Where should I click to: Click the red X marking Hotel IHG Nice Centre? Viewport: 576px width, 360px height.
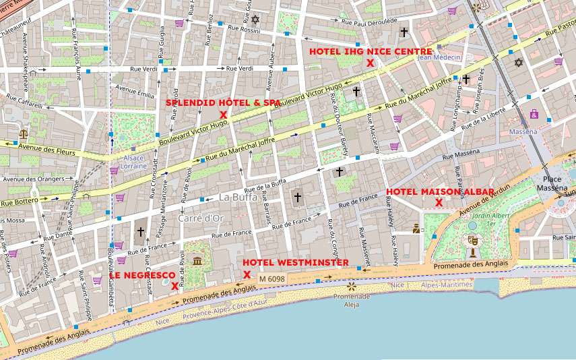[370, 63]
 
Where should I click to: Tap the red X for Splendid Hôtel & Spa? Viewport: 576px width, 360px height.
[223, 115]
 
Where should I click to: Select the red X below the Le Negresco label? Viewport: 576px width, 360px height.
[174, 286]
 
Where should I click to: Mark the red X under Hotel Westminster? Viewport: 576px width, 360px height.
[247, 274]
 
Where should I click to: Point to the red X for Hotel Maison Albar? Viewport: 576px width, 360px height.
[439, 202]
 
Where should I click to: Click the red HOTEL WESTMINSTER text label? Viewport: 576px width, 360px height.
[295, 262]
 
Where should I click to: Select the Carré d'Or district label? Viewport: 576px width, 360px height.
[201, 218]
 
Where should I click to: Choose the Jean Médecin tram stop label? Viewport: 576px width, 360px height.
[439, 57]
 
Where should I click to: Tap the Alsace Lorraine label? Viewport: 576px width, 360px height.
[133, 162]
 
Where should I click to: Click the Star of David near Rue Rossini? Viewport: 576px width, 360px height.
[255, 19]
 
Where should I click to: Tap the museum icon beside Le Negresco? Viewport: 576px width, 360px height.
[197, 261]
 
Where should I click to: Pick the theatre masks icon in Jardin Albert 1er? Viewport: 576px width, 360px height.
[472, 239]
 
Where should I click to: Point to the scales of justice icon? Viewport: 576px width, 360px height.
[24, 135]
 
